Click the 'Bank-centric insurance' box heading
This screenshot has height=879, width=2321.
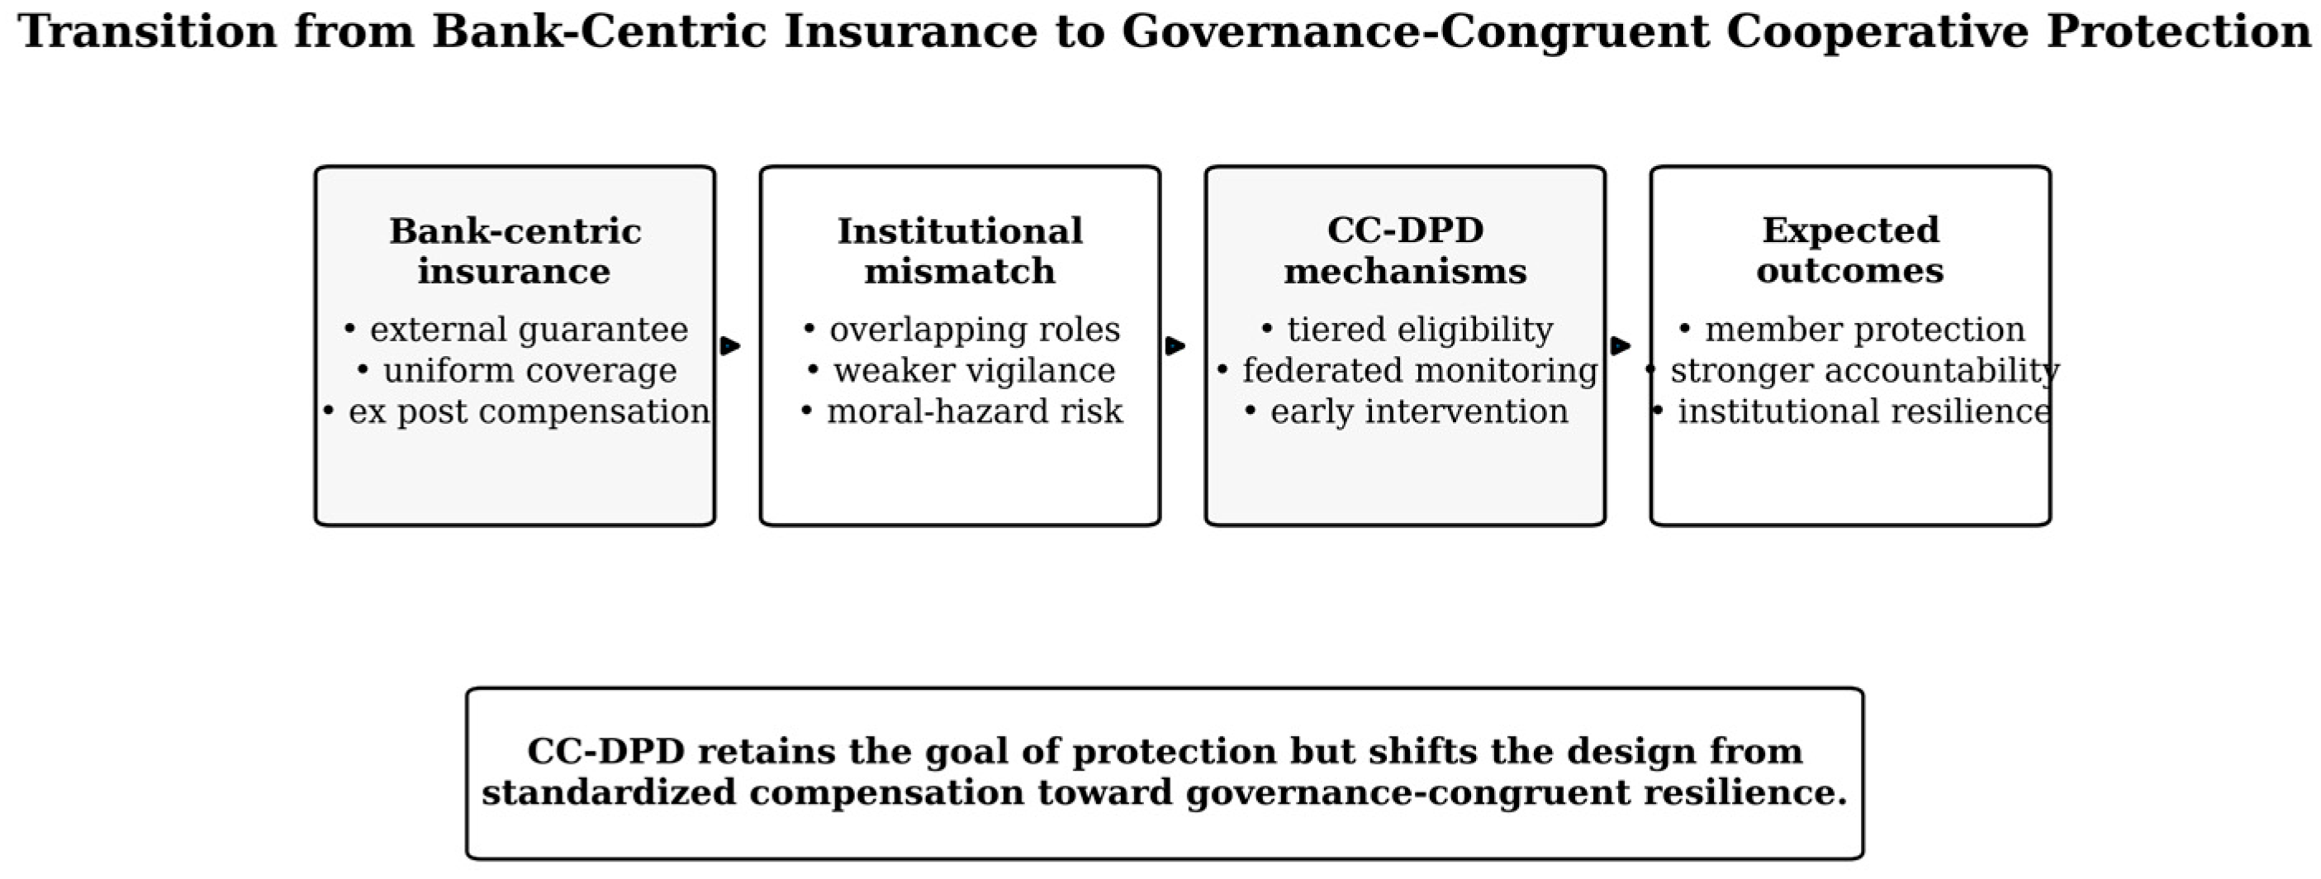pos(515,250)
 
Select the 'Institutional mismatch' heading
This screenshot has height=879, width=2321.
pos(960,250)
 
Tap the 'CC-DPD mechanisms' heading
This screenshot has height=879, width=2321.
pos(1405,249)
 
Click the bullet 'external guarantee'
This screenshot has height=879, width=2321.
pos(515,329)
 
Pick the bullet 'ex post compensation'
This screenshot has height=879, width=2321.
pos(516,411)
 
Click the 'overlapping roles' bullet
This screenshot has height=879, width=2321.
pos(961,329)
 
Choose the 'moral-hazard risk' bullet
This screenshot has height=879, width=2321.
pos(961,411)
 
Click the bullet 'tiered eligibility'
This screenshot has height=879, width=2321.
pos(1407,329)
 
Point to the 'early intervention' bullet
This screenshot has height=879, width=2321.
pos(1407,411)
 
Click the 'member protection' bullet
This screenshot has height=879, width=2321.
pos(1852,329)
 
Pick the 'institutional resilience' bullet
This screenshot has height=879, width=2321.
pos(1852,411)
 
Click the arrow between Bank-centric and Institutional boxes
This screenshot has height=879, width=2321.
pos(731,345)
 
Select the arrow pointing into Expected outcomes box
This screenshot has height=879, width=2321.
pos(1621,345)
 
